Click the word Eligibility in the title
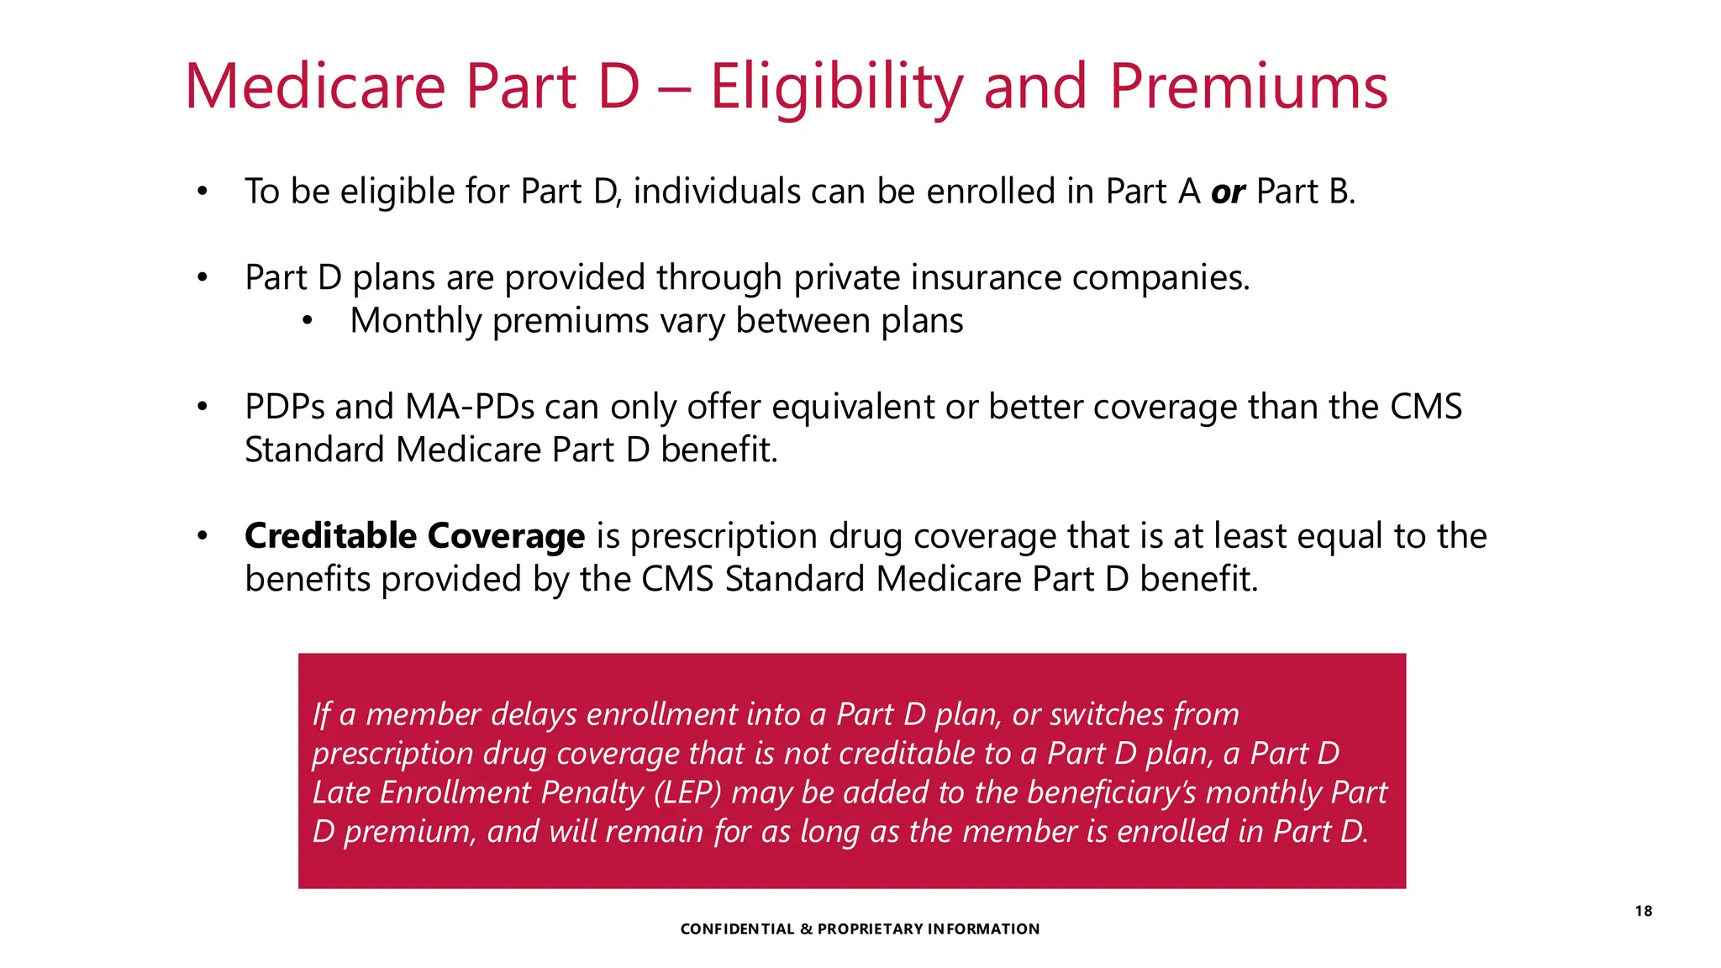[835, 87]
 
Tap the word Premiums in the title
[1248, 87]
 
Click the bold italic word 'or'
[1228, 192]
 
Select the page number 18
[1644, 911]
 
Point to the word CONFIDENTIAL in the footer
[737, 929]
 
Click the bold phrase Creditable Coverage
[414, 536]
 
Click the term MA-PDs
[470, 408]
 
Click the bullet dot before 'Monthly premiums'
[308, 321]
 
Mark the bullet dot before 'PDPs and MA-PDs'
[202, 408]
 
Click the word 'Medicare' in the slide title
[315, 87]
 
